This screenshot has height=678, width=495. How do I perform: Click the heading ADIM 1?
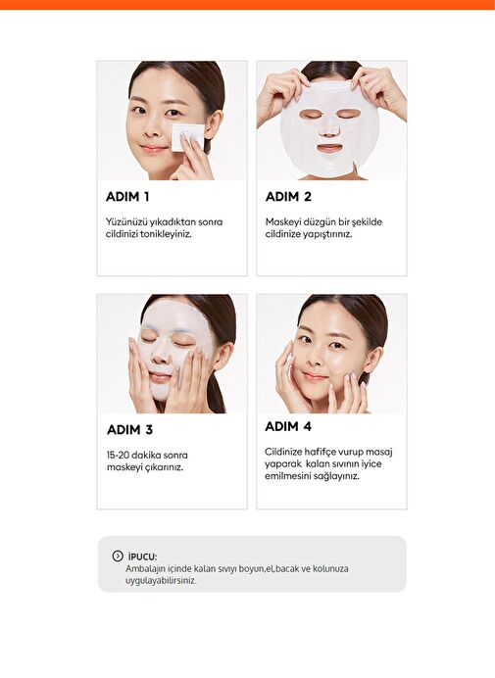point(127,197)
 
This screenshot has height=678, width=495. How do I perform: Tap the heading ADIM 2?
point(288,197)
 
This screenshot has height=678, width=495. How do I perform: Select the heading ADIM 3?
point(129,430)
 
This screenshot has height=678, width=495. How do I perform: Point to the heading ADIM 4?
point(288,426)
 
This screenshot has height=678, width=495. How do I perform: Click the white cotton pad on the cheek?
point(187,136)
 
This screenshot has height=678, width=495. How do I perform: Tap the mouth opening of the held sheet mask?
point(328,149)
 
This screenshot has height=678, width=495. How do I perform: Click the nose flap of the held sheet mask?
point(329,129)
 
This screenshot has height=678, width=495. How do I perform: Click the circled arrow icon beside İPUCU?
point(118,557)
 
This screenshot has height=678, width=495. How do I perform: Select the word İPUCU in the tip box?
point(142,557)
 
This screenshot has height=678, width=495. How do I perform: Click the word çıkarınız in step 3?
point(164,467)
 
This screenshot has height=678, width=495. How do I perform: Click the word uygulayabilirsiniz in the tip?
point(161,581)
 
